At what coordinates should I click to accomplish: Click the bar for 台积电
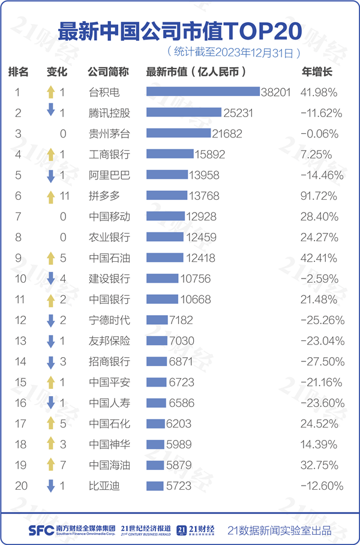pos(203,92)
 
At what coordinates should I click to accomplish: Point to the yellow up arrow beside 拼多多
pos(51,196)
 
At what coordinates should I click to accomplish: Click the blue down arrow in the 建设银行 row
pos(51,278)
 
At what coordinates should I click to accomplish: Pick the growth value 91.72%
pos(319,196)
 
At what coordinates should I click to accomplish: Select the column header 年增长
pos(316,72)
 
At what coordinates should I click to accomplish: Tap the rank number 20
pos(21,486)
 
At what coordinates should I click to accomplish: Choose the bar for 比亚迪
pos(155,486)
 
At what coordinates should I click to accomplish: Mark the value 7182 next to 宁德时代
pos(181,320)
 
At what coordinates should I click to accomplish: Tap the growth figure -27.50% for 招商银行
pos(322,361)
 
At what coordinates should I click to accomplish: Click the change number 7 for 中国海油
pos(62,465)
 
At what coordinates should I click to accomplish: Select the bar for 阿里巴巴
pos(167,175)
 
